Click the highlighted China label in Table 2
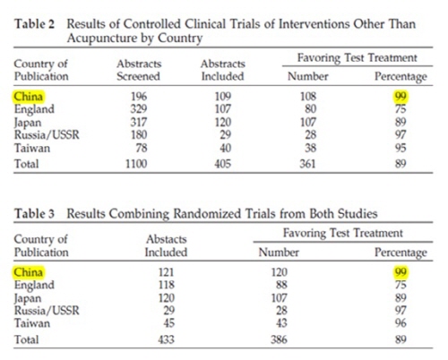coord(29,97)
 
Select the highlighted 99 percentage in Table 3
coord(401,272)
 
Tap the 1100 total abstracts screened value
coord(136,164)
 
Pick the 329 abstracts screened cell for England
coord(139,109)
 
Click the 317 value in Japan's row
coord(139,122)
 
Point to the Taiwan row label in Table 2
coord(32,148)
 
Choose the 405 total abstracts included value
coord(223,164)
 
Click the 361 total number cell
coord(307,164)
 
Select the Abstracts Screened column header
coord(139,70)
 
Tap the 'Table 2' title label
coord(35,24)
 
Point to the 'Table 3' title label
coord(35,214)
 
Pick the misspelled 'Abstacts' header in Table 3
coord(167,239)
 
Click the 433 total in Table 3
coord(166,339)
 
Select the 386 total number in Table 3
coord(279,339)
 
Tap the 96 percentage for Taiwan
coord(401,323)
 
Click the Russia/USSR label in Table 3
coord(47,311)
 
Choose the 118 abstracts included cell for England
coord(166,285)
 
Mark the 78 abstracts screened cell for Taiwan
coord(142,148)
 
